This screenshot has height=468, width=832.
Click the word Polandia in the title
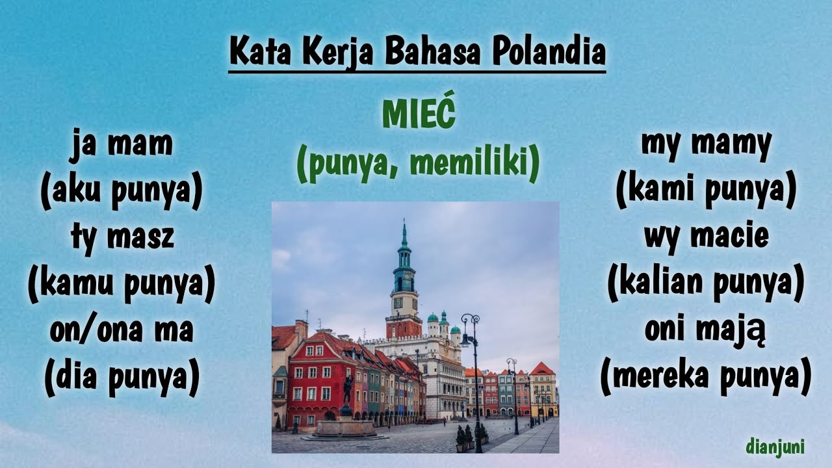(548, 52)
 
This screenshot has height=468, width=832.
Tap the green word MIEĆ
(419, 116)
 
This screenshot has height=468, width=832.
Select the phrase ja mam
(122, 144)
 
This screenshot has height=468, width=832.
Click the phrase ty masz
(122, 237)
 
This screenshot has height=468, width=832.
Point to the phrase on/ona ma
(122, 330)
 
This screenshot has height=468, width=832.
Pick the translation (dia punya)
(122, 377)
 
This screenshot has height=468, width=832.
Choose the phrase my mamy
(706, 144)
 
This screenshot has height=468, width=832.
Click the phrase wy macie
(706, 237)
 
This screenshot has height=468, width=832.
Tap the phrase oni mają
(706, 331)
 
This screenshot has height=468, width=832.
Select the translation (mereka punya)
(706, 377)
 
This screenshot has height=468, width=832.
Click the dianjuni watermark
(775, 447)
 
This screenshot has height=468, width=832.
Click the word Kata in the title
(260, 52)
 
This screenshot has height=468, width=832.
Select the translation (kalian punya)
(706, 284)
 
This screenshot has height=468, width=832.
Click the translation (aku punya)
(122, 191)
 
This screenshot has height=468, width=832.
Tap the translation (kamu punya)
(122, 284)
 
